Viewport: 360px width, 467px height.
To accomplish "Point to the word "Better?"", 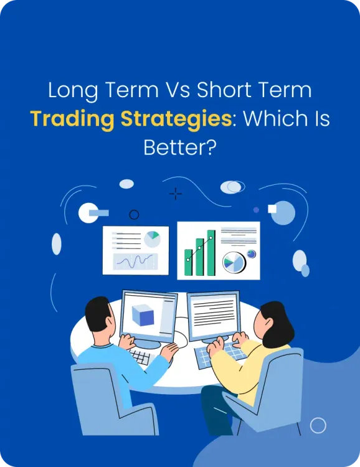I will (x=179, y=148).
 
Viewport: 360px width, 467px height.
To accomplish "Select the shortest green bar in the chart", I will (x=188, y=263).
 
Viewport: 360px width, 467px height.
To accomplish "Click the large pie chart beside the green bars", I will (x=234, y=263).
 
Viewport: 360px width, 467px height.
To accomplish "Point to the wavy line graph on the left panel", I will (x=134, y=261).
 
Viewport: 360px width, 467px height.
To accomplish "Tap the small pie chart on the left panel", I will (x=152, y=238).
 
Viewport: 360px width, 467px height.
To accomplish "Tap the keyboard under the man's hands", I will (x=141, y=356).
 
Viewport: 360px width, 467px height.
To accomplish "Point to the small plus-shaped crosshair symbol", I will (x=176, y=194).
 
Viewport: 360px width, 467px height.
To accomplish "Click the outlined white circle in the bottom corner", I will (x=318, y=425).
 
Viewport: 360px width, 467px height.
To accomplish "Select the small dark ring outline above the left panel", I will (x=134, y=215).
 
